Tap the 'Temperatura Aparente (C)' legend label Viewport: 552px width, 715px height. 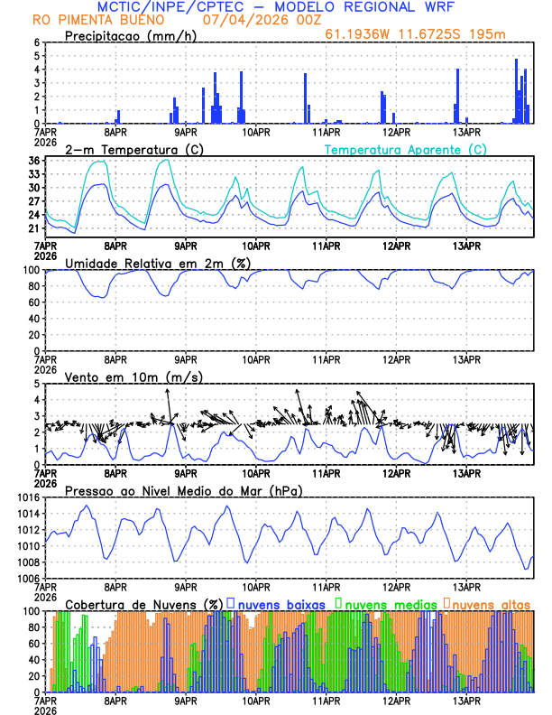click(x=405, y=149)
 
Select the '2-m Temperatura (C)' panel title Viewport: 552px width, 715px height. click(x=126, y=149)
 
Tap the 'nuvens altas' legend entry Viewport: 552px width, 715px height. click(x=491, y=603)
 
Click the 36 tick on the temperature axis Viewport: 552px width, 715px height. click(x=33, y=161)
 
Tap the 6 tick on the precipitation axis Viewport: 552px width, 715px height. click(x=37, y=42)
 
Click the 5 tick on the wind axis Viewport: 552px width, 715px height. click(x=37, y=384)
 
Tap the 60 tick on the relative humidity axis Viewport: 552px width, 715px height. click(x=33, y=302)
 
